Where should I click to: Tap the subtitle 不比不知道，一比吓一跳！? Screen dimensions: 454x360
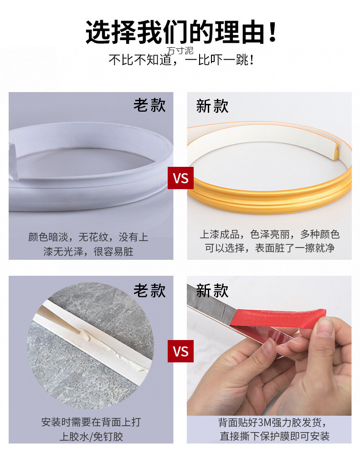[181, 60]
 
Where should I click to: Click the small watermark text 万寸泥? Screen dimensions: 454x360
[180, 50]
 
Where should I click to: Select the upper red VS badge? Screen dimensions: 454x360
[181, 178]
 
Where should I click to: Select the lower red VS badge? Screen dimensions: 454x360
[181, 351]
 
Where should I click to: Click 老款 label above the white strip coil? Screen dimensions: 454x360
[149, 105]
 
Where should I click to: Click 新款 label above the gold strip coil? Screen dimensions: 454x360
[212, 106]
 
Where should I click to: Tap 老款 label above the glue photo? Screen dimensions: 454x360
[149, 290]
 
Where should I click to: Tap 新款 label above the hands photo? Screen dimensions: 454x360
[212, 290]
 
